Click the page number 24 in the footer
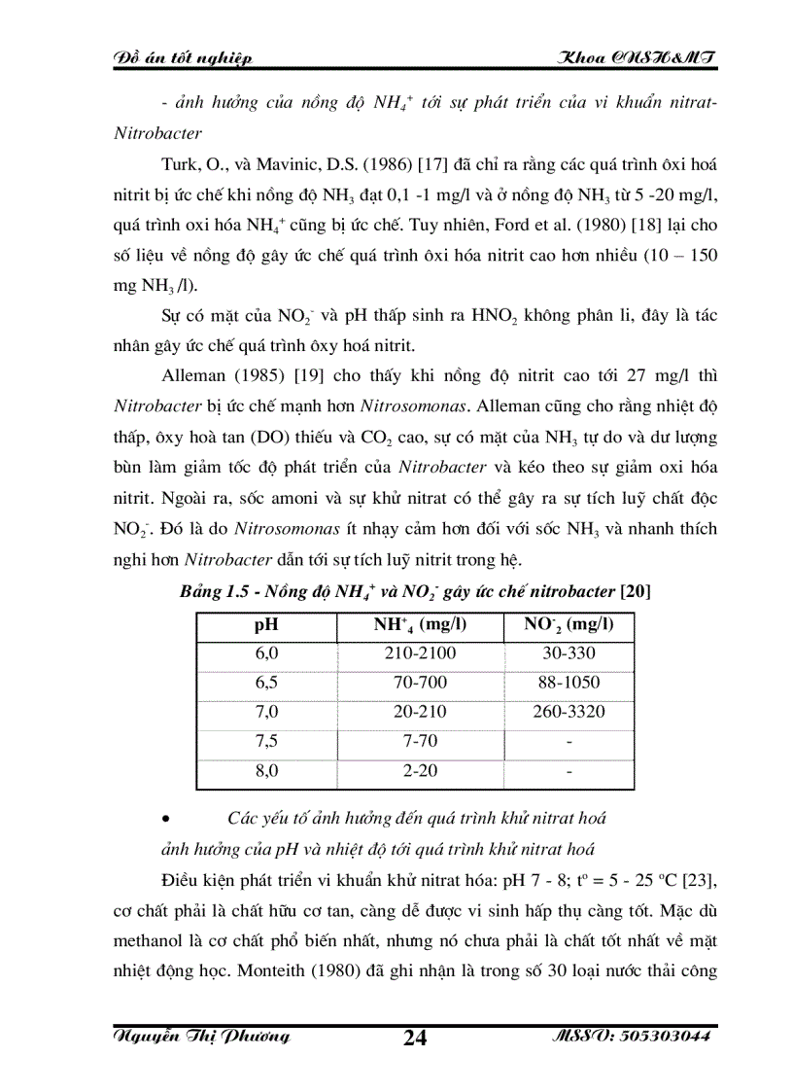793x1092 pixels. pyautogui.click(x=415, y=1037)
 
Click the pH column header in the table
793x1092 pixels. pyautogui.click(x=266, y=624)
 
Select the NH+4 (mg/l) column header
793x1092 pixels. pyautogui.click(x=420, y=624)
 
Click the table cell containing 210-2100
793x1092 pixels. pyautogui.click(x=420, y=653)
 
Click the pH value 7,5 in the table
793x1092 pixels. pyautogui.click(x=266, y=741)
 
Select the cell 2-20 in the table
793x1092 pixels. pyautogui.click(x=420, y=770)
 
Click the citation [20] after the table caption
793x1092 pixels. pyautogui.click(x=637, y=592)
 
